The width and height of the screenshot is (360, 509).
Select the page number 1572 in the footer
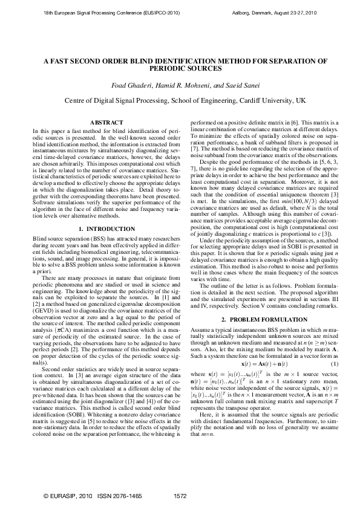(180, 495)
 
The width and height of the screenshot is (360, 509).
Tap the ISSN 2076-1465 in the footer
(121, 495)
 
